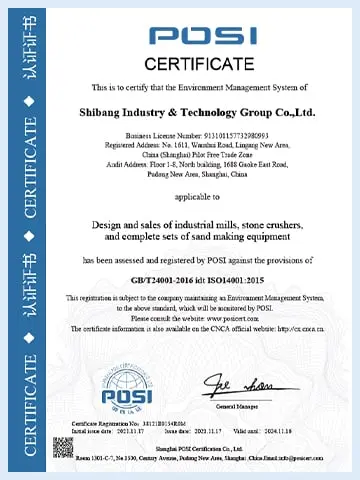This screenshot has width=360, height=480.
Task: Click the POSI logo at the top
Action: (204, 35)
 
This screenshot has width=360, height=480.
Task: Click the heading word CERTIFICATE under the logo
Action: (203, 65)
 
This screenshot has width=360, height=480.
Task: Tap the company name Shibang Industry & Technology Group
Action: (203, 112)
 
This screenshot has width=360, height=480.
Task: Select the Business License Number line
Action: (203, 132)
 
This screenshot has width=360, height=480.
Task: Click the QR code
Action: (64, 447)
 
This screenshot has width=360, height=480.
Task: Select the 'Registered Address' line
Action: (203, 142)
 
